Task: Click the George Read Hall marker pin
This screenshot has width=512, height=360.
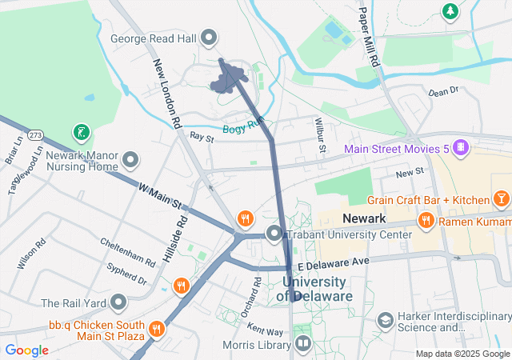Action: pyautogui.click(x=210, y=37)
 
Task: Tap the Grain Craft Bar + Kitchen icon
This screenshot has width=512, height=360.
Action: pyautogui.click(x=501, y=198)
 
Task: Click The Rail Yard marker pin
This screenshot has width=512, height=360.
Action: pyautogui.click(x=119, y=302)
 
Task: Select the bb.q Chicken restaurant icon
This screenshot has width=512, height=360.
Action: pyautogui.click(x=156, y=326)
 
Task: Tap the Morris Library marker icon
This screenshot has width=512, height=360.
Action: pyautogui.click(x=303, y=345)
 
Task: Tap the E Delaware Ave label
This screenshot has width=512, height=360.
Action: pyautogui.click(x=332, y=262)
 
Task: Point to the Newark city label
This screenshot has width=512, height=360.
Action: pyautogui.click(x=364, y=218)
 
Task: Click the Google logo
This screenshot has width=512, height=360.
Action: pyautogui.click(x=26, y=350)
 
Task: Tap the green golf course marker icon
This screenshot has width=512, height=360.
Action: pyautogui.click(x=80, y=131)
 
